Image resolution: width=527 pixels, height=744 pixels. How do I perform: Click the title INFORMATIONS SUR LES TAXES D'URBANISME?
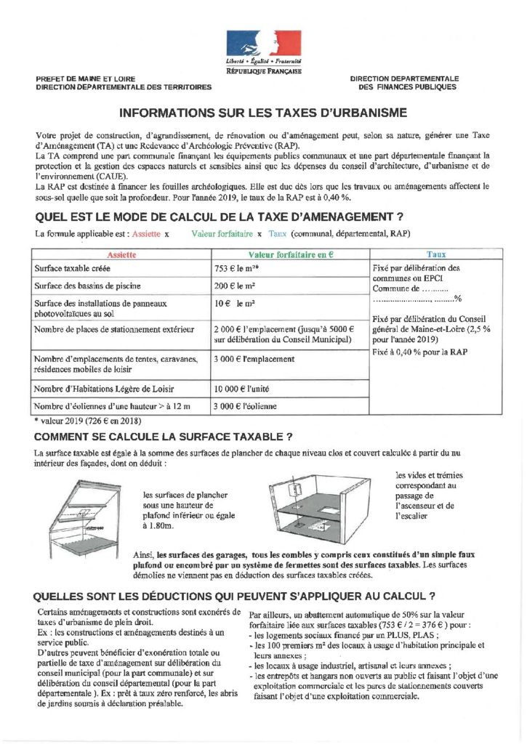pyautogui.click(x=263, y=113)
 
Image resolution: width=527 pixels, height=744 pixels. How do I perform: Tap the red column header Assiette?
pyautogui.click(x=121, y=255)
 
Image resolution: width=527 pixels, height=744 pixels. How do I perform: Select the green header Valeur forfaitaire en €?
pyautogui.click(x=290, y=255)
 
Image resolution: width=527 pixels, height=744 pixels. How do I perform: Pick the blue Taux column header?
pyautogui.click(x=436, y=255)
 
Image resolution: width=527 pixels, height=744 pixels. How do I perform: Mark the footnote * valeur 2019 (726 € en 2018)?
pyautogui.click(x=87, y=421)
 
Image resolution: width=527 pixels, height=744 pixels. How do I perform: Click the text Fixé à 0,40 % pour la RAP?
pyautogui.click(x=419, y=352)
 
